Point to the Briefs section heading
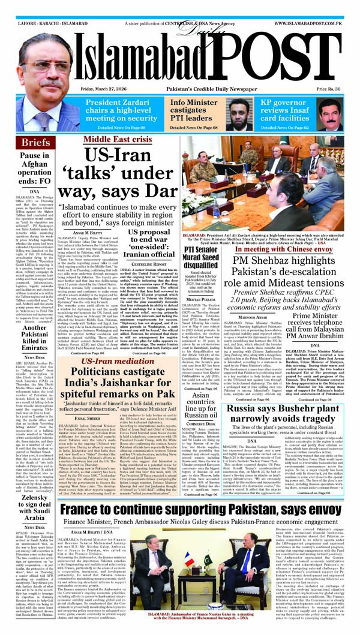(35, 143)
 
